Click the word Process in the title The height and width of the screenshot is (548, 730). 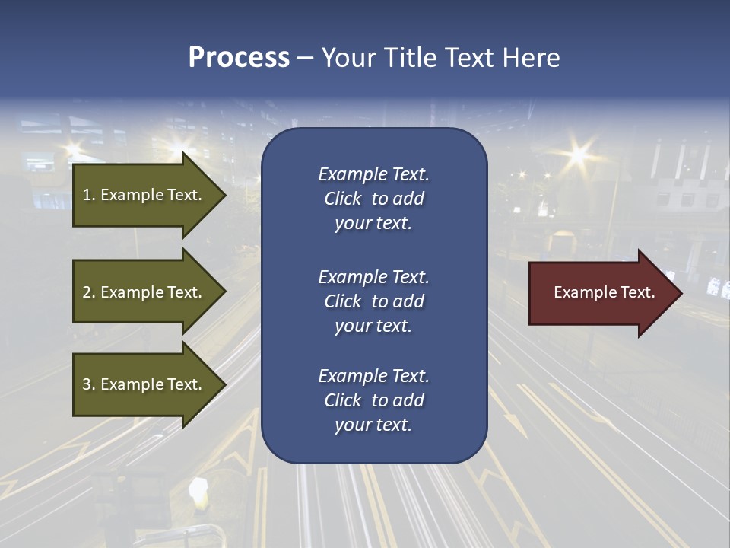[239, 58]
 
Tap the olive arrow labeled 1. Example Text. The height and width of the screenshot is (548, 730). [144, 195]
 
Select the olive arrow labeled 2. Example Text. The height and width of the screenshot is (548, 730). [144, 292]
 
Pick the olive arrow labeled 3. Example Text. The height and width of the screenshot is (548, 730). [144, 384]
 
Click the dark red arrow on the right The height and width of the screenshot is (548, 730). [601, 292]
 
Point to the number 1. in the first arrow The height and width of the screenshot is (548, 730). [89, 195]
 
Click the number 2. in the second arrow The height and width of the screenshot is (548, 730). [89, 292]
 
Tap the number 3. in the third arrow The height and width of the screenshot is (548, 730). [89, 384]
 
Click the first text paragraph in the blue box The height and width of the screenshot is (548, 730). [373, 199]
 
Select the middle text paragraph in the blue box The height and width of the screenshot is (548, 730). [373, 301]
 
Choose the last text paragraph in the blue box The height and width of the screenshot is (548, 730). [373, 400]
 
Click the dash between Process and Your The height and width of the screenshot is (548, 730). [305, 58]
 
